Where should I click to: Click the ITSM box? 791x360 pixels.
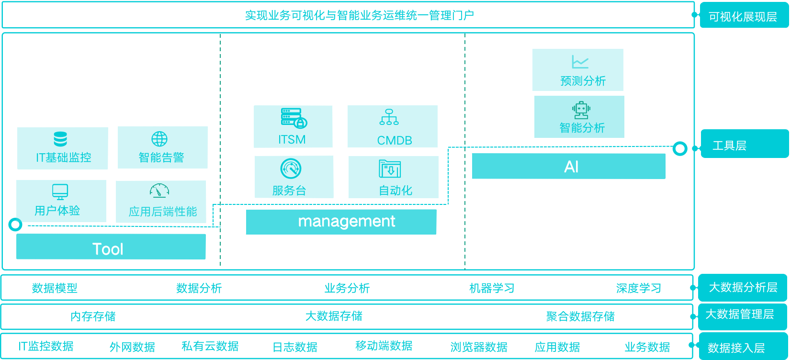[293, 127]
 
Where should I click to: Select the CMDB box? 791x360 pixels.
[393, 127]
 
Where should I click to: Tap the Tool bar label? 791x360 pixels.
[108, 249]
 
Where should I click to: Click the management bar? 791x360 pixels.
[341, 222]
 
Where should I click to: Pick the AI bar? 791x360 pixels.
[569, 167]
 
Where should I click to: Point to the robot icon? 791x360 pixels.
[581, 110]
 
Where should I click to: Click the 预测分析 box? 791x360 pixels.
[578, 70]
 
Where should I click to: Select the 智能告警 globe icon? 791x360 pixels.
[159, 139]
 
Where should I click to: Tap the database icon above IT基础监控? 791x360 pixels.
[60, 139]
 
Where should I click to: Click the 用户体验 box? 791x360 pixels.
[61, 201]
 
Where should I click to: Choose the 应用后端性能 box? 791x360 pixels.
[161, 202]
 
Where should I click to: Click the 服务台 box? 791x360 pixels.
[294, 177]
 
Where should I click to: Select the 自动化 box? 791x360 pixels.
[394, 177]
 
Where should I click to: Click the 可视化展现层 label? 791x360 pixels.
[743, 17]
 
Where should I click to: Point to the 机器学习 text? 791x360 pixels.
[492, 288]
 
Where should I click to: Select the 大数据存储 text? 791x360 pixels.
[334, 316]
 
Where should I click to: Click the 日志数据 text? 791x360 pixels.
[295, 347]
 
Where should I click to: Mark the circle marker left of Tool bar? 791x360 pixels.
[16, 224]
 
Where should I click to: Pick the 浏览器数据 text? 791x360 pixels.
[479, 347]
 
